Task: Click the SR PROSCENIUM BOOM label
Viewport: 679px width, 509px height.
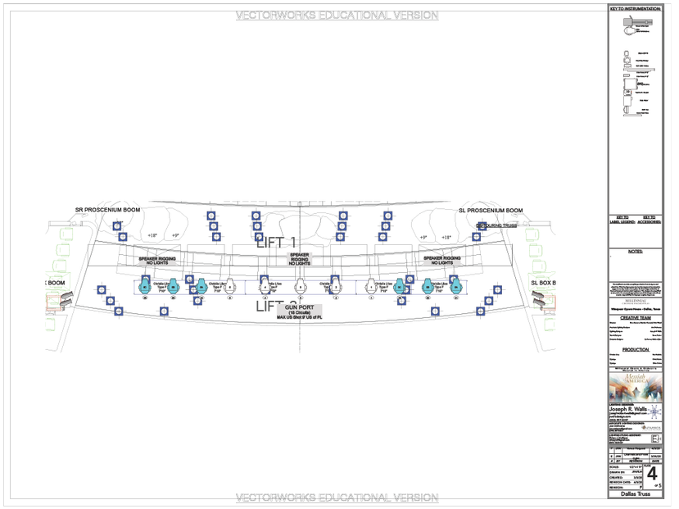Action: (x=107, y=210)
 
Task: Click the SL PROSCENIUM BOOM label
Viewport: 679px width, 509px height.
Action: (x=490, y=211)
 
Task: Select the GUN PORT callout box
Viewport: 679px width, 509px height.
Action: (x=300, y=311)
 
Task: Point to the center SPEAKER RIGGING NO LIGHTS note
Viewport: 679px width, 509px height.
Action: (x=299, y=260)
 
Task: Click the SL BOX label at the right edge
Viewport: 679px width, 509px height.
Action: (x=544, y=283)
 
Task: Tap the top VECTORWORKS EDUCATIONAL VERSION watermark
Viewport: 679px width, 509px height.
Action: (x=336, y=16)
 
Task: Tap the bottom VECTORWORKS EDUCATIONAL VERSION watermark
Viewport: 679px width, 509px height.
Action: (x=336, y=498)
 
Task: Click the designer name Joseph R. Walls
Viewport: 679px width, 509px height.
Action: (x=629, y=409)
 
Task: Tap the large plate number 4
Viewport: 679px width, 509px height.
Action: (x=652, y=475)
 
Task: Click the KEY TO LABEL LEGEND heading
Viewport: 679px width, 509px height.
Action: (x=621, y=219)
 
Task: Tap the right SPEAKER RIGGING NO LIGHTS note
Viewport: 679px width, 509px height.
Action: (x=441, y=261)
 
